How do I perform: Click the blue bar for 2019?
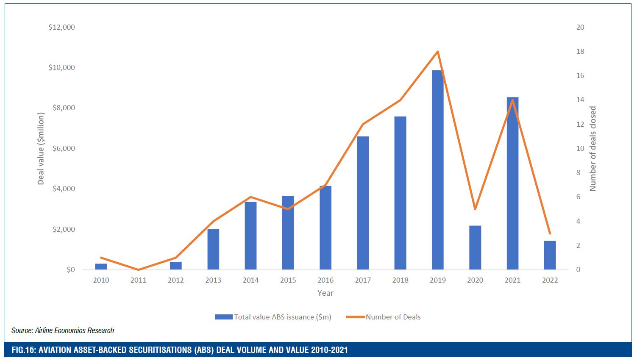pyautogui.click(x=437, y=169)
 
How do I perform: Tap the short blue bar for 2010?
pyautogui.click(x=101, y=267)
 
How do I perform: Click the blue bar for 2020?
pyautogui.click(x=475, y=247)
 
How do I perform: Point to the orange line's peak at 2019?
pyautogui.click(x=437, y=52)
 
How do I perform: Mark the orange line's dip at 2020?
pyautogui.click(x=475, y=209)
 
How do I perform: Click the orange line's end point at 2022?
pyautogui.click(x=550, y=233)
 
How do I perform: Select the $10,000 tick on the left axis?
pyautogui.click(x=61, y=67)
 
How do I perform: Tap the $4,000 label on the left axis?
pyautogui.click(x=63, y=189)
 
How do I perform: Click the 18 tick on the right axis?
pyautogui.click(x=580, y=51)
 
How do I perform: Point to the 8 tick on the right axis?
pyautogui.click(x=579, y=172)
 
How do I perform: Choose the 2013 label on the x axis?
pyautogui.click(x=213, y=280)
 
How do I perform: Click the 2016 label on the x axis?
pyautogui.click(x=325, y=280)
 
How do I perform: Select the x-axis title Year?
pyautogui.click(x=325, y=293)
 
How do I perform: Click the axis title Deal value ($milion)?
pyautogui.click(x=41, y=148)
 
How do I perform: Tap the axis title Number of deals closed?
pyautogui.click(x=592, y=148)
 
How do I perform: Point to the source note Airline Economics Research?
pyautogui.click(x=63, y=330)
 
